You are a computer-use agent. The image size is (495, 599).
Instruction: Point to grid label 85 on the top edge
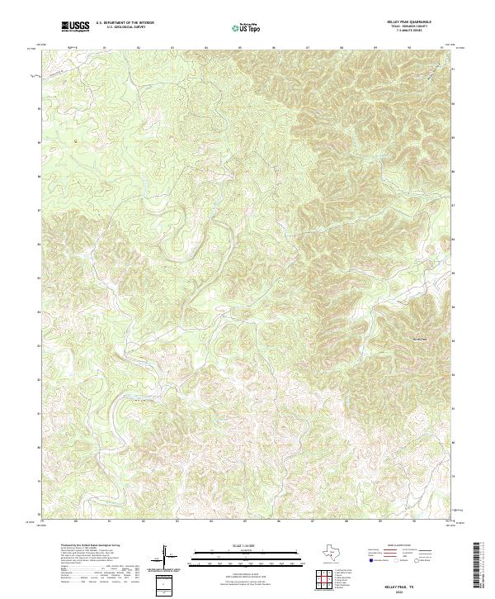tap(239, 47)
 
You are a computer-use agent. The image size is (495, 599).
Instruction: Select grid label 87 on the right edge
tap(453, 205)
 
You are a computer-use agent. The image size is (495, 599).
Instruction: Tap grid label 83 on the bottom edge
tap(177, 521)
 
